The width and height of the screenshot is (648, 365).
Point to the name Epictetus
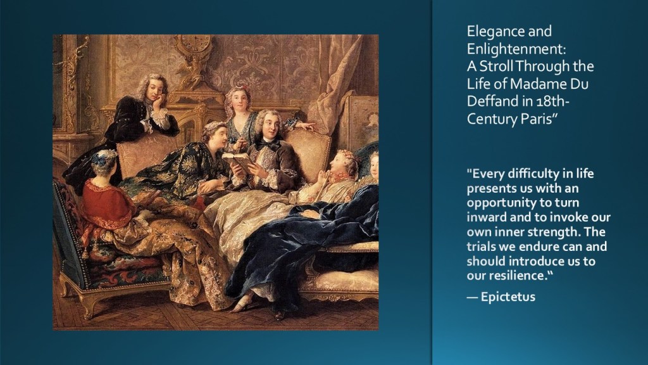click(x=508, y=297)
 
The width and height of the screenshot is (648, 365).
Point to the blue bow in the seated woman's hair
click(x=100, y=158)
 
